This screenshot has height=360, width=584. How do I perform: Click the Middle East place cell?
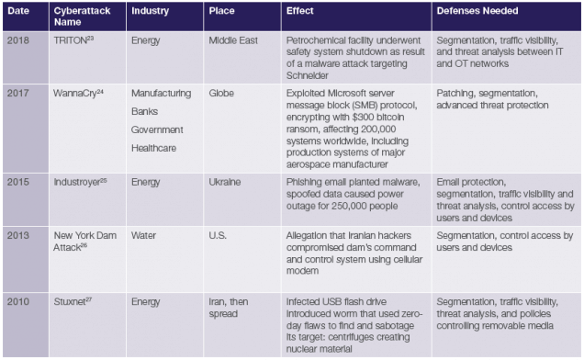233,41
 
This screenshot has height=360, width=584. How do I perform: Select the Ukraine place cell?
224,182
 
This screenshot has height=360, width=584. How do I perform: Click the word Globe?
221,93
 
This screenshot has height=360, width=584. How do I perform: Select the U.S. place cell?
219,235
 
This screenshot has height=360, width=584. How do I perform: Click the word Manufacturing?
161,93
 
